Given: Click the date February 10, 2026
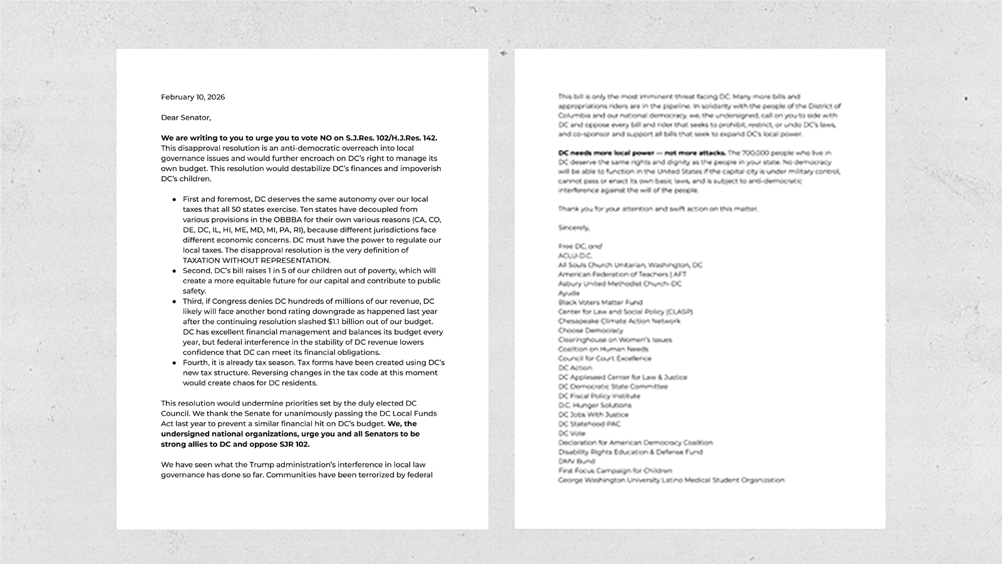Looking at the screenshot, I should (x=193, y=97).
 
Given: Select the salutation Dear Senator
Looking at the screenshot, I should (x=186, y=118).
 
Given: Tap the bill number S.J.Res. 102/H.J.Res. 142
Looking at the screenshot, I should (x=391, y=138).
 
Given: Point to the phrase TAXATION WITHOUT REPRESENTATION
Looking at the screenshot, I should (x=256, y=260).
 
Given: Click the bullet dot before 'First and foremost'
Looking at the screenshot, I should (x=174, y=199).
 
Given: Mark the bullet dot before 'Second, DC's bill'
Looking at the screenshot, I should (x=174, y=271).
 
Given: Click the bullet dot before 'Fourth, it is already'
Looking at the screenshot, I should (x=174, y=363).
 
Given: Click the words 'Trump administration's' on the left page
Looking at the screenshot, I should (x=292, y=464).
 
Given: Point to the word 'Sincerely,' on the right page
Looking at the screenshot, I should (x=574, y=227).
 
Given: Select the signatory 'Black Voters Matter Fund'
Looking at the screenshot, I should (x=600, y=302).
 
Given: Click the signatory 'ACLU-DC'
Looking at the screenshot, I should (x=575, y=256).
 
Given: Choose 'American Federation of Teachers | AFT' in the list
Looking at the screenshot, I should (x=622, y=274).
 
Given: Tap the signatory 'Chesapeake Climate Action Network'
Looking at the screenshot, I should (x=619, y=321).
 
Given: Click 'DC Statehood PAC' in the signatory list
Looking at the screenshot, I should (x=589, y=424).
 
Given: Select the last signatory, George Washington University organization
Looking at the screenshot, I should (x=671, y=480).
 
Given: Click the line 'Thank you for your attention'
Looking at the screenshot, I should (x=658, y=209).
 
